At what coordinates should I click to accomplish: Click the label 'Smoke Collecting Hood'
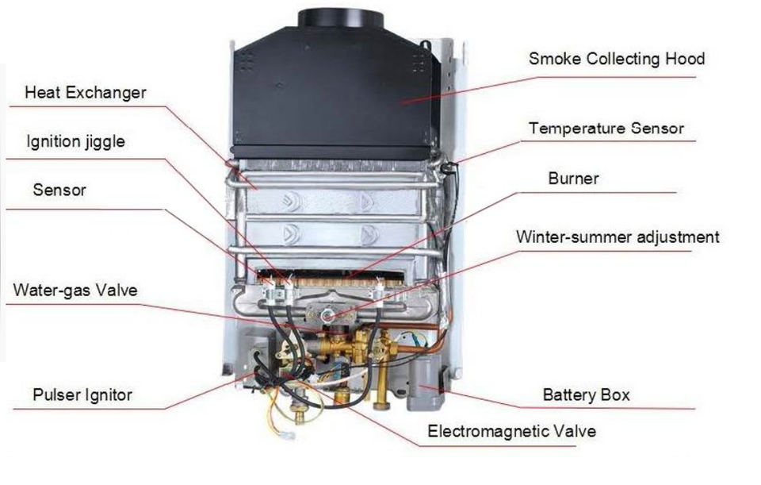[x=616, y=60]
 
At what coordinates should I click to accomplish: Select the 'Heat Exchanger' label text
[x=86, y=93]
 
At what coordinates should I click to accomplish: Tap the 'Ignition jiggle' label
[x=76, y=143]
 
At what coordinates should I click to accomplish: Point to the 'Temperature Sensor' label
[x=606, y=128]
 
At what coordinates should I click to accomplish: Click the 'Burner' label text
[x=573, y=179]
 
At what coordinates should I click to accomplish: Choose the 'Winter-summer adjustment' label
[x=618, y=237]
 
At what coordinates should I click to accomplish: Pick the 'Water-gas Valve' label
[x=75, y=291]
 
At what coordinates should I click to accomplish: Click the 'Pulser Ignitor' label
[x=82, y=395]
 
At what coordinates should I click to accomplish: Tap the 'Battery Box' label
[x=586, y=395]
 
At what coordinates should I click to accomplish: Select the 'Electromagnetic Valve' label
[x=511, y=432]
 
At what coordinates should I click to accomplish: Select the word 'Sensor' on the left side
[x=59, y=191]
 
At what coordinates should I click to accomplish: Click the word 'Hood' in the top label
[x=685, y=60]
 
